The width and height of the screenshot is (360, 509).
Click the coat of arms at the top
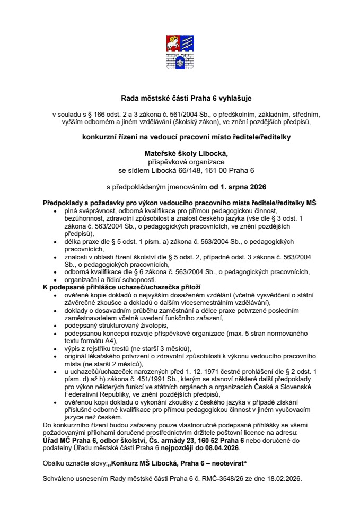click(179, 51)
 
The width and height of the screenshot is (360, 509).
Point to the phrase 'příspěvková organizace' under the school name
click(180, 161)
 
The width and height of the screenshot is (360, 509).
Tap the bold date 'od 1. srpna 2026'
click(238, 187)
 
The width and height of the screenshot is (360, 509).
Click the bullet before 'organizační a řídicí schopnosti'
click(57, 279)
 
